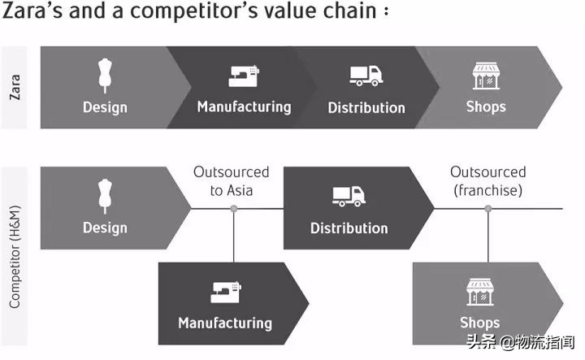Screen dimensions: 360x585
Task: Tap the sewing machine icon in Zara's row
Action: click(243, 76)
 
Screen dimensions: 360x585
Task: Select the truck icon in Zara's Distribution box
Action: click(366, 76)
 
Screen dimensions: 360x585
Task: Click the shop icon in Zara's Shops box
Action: click(486, 75)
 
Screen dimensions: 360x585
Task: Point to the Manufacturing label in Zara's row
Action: click(244, 106)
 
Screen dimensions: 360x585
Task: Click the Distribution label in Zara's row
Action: click(366, 107)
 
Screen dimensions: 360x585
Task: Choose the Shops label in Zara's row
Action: click(486, 106)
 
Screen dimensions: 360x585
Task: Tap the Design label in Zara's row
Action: click(105, 107)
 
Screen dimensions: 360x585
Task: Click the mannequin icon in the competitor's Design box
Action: click(105, 196)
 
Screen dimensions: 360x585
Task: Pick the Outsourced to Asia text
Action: click(232, 181)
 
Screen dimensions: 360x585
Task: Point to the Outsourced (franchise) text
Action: click(488, 181)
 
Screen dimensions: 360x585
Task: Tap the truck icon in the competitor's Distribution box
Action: click(348, 196)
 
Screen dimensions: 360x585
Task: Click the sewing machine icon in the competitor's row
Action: click(225, 292)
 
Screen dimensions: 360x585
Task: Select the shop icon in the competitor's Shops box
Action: click(479, 292)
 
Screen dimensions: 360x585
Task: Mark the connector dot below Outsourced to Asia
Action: click(234, 209)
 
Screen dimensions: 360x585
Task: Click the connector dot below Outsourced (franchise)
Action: click(488, 209)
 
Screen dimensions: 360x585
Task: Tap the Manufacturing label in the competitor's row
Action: click(225, 323)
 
